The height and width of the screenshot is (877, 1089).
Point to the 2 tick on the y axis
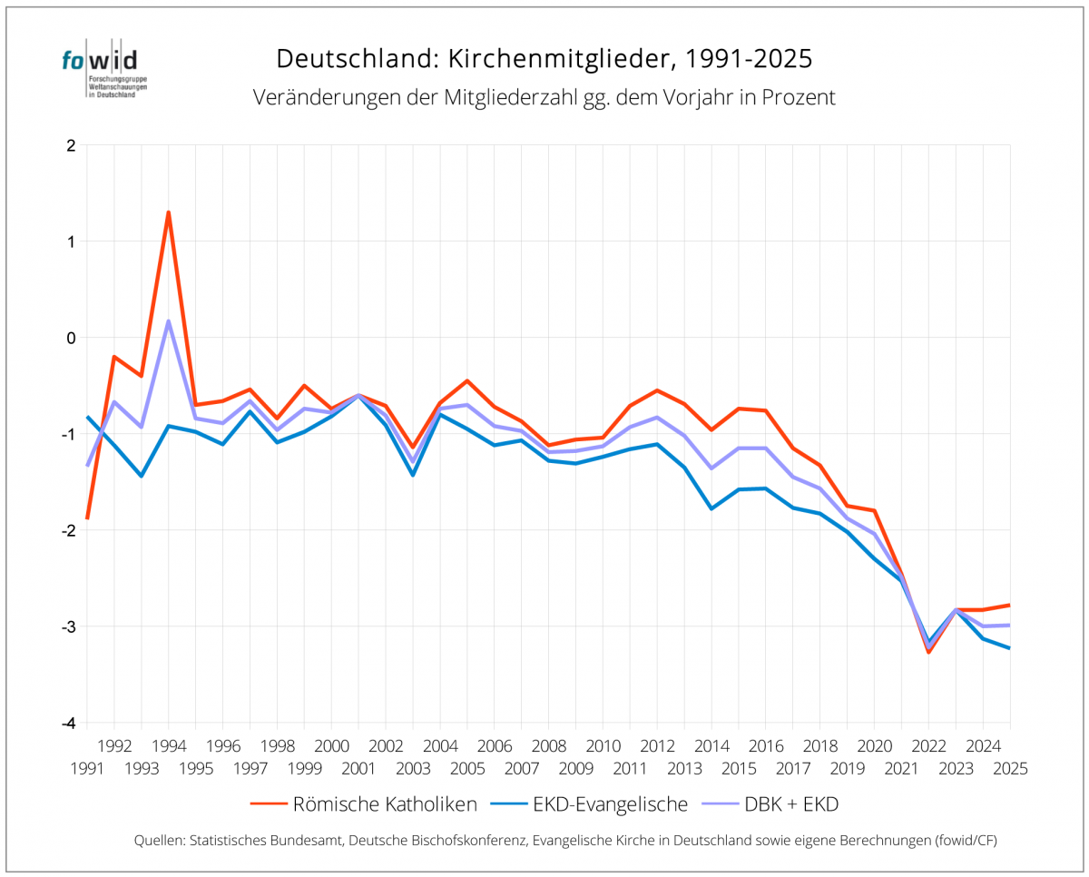click(69, 145)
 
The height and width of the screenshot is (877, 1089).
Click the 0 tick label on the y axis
click(69, 338)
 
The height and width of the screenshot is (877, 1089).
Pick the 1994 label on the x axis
click(168, 746)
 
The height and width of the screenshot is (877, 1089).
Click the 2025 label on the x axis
click(1010, 768)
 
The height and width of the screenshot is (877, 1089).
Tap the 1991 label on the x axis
click(87, 768)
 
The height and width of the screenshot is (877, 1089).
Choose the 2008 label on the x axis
click(548, 746)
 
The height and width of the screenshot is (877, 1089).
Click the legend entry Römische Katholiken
click(384, 804)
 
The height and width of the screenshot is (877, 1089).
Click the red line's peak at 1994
click(168, 212)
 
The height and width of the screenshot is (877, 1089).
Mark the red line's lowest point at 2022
click(928, 652)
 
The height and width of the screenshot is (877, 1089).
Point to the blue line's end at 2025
click(1010, 648)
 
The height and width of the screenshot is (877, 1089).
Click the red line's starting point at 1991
click(87, 518)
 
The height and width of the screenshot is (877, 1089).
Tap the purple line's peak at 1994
click(168, 320)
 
